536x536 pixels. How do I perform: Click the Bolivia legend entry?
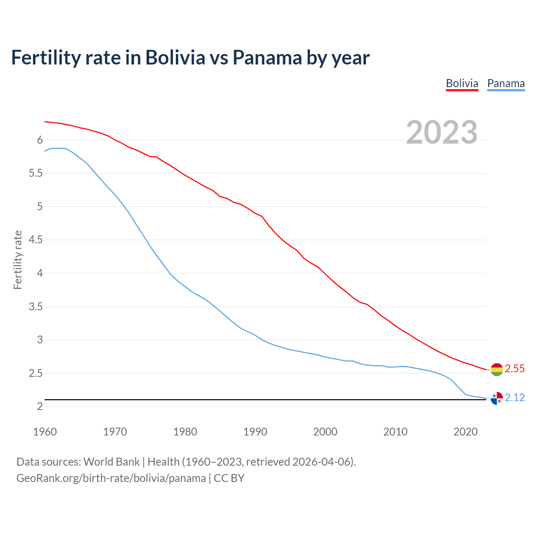[462, 83]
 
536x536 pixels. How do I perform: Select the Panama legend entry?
[506, 83]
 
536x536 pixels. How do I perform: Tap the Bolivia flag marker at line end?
[497, 369]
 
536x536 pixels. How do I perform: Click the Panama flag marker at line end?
[497, 398]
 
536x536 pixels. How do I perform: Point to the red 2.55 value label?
[515, 368]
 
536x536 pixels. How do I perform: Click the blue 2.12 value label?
[515, 397]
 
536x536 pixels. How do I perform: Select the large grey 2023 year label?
[442, 132]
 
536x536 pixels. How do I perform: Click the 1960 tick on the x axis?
[45, 432]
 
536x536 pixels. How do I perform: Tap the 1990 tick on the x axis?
[255, 432]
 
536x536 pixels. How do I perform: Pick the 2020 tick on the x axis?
[465, 432]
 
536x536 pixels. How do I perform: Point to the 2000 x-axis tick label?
[325, 432]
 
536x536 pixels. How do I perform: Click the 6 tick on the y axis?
[40, 140]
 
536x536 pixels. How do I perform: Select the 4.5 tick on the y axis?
[36, 240]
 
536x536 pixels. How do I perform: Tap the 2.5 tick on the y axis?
[36, 373]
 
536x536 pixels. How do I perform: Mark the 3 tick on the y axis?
[40, 340]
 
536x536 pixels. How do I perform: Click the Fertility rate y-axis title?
[18, 260]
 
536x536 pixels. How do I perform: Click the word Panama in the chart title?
[267, 57]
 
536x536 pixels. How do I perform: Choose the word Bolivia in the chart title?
[175, 57]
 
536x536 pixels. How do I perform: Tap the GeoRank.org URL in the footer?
[111, 478]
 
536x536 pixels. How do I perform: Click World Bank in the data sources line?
[111, 462]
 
